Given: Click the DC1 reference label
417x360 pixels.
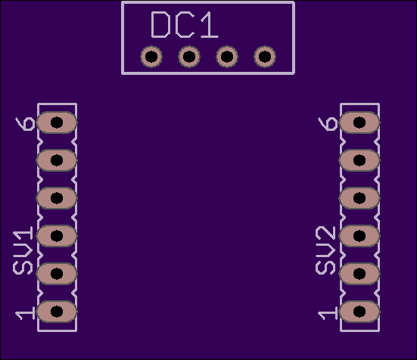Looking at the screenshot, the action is tap(185, 25).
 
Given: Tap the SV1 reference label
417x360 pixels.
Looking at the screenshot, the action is tap(23, 250).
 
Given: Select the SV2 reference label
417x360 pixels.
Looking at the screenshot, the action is tap(325, 250).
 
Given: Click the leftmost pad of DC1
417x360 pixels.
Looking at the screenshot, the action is tap(151, 57).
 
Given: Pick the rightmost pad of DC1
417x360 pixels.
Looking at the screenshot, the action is tap(265, 57).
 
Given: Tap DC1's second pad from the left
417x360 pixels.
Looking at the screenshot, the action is tap(189, 57).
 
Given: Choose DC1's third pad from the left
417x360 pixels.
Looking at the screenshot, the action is tap(227, 57).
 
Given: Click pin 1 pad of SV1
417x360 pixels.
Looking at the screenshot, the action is tap(57, 312).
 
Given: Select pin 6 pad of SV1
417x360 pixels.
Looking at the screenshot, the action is tap(57, 123).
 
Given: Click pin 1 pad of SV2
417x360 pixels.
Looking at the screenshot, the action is tap(359, 312).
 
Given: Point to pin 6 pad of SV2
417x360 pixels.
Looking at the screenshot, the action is tap(359, 123).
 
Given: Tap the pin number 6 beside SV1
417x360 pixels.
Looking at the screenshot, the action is tap(25, 124).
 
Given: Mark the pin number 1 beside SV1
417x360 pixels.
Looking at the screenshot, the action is tap(25, 313).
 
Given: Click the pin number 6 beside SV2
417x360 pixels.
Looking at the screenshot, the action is tap(328, 124).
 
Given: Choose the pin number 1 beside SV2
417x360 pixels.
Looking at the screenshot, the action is tap(328, 313).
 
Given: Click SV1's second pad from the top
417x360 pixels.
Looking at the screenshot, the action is tap(57, 160).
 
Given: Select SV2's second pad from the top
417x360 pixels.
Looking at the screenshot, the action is tap(359, 160).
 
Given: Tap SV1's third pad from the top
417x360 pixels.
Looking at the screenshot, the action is tap(57, 198).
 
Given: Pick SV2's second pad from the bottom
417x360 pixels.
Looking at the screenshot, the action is tap(359, 274).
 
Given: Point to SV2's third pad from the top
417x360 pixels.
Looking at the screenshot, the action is tap(359, 198).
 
